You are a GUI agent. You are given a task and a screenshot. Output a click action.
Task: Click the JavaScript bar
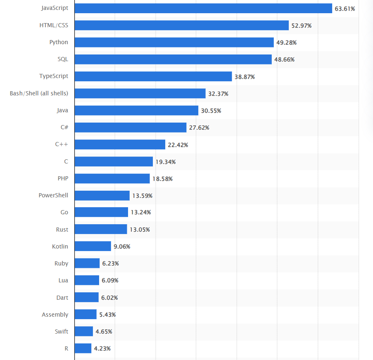pos(203,8)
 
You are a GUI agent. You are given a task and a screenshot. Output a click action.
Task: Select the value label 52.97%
pos(301,26)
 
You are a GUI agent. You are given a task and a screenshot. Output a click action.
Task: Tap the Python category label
pos(59,42)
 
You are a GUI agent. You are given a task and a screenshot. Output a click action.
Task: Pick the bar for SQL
pos(173,59)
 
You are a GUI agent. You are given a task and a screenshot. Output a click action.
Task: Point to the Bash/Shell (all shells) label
pos(39,93)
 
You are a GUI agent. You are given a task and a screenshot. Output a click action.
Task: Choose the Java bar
pos(136,111)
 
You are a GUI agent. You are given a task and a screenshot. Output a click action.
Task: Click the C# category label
pos(64,127)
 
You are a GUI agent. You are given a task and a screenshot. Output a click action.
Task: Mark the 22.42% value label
pos(178,145)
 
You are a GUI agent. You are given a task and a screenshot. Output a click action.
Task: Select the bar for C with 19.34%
pos(114,161)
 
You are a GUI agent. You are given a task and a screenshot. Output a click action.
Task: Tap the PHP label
pos(63,178)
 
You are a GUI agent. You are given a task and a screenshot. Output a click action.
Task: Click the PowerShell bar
pos(102,196)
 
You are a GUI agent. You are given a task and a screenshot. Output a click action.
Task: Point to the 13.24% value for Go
pos(140,213)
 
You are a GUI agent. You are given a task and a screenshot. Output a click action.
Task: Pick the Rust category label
pos(62,230)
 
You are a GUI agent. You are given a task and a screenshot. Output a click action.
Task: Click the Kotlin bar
pos(93,246)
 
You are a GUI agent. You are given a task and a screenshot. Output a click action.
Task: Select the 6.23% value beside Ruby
pos(110,263)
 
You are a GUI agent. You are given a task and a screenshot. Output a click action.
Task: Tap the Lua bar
pos(87,280)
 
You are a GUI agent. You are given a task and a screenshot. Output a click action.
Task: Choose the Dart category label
pos(62,297)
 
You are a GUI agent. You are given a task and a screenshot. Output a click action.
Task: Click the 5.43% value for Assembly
pos(107,315)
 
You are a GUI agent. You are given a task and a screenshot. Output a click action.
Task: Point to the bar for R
pos(83,348)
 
